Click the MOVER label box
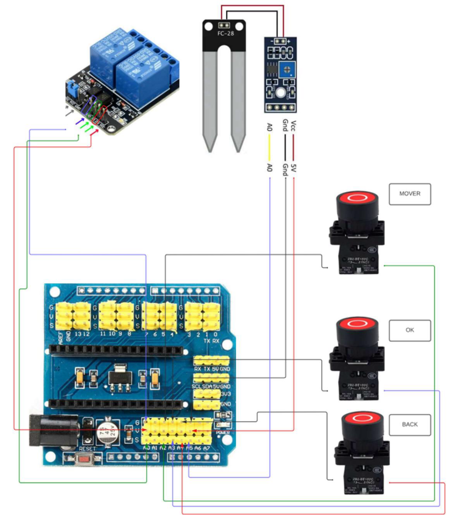click(410, 194)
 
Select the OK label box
click(410, 330)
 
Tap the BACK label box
click(410, 424)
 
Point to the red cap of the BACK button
click(362, 418)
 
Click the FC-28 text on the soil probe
click(226, 33)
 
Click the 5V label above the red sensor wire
click(294, 168)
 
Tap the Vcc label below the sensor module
click(294, 126)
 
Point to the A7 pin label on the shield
click(206, 449)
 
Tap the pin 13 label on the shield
click(78, 334)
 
